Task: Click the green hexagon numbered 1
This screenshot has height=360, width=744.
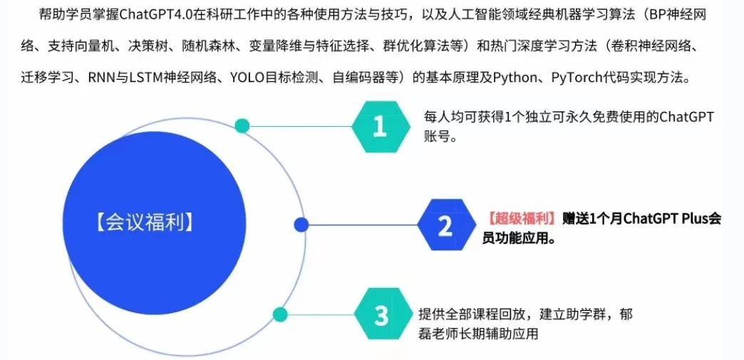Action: click(x=381, y=127)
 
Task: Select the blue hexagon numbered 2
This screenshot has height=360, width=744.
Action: click(x=447, y=225)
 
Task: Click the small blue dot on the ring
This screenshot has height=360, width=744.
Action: click(x=301, y=225)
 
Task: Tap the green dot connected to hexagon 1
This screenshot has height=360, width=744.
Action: click(x=242, y=126)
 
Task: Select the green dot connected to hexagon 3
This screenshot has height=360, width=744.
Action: click(x=280, y=314)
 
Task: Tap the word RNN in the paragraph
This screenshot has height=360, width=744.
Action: click(x=98, y=78)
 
